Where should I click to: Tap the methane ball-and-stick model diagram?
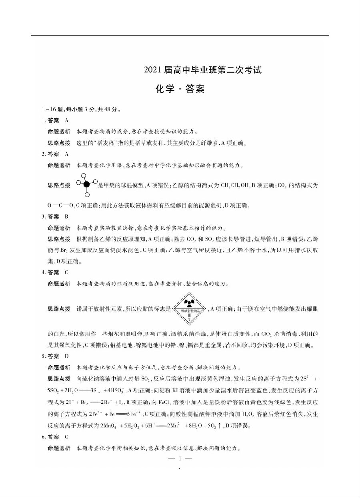click(x=85, y=184)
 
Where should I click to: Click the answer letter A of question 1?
click(x=66, y=120)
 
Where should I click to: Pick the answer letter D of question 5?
click(x=66, y=356)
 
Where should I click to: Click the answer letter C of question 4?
click(x=66, y=273)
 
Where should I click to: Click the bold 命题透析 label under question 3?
click(x=59, y=228)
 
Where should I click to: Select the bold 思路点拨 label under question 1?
click(x=59, y=142)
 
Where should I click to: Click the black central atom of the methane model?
click(x=86, y=184)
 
